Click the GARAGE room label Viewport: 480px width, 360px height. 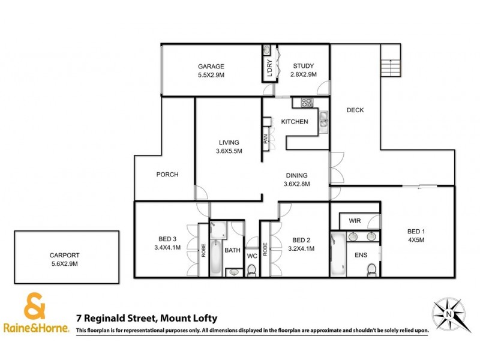[211, 66]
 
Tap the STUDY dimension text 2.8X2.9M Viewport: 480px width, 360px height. [303, 74]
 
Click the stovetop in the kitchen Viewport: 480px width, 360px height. [304, 103]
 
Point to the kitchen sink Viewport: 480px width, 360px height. [322, 120]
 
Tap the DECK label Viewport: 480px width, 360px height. [355, 110]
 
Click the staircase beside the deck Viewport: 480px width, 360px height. [391, 60]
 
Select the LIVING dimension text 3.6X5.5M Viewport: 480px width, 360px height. [230, 151]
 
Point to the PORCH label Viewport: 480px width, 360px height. [167, 175]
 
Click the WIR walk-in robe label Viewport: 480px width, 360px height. [354, 221]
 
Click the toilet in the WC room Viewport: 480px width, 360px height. [252, 271]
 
